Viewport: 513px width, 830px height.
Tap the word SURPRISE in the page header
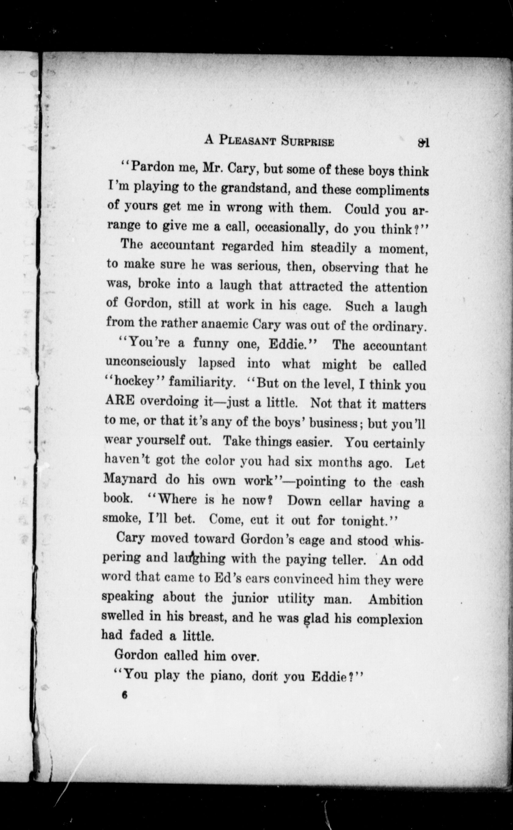[307, 142]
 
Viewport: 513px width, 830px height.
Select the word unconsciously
[146, 363]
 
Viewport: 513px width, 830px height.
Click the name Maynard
[130, 479]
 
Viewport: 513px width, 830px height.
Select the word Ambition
[395, 600]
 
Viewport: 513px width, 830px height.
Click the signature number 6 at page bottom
[125, 695]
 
